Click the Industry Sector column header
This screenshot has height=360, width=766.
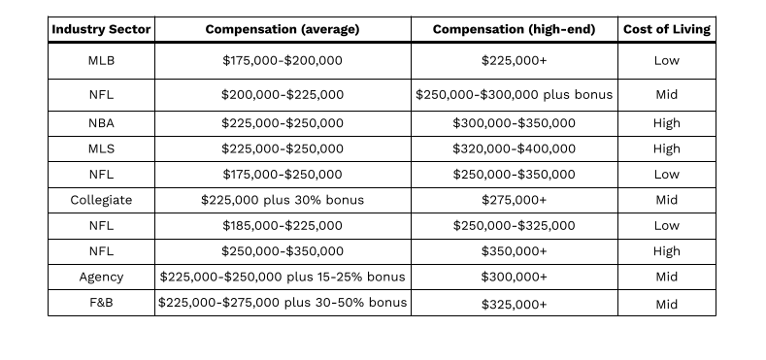tap(101, 29)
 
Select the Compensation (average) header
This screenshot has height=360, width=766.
tap(282, 29)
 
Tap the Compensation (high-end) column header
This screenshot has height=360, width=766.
tap(514, 29)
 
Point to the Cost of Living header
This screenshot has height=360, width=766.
tap(667, 29)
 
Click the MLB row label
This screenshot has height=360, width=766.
tap(101, 60)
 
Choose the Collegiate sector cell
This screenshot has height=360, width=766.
tap(101, 200)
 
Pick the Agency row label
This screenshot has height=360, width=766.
tap(101, 277)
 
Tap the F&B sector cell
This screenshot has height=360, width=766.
tap(101, 304)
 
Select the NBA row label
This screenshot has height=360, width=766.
tap(101, 123)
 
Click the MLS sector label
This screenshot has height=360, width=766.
tap(101, 148)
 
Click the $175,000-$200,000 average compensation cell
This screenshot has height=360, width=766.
tap(282, 60)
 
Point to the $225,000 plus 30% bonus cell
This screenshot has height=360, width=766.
tap(282, 200)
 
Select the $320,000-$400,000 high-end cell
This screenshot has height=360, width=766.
tap(514, 148)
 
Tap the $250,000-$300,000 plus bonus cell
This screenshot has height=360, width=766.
tap(514, 95)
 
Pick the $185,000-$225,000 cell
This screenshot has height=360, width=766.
tap(282, 225)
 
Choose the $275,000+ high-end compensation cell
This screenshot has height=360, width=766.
tap(514, 200)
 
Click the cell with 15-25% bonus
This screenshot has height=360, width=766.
tap(282, 277)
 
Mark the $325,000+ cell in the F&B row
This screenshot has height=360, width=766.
tap(514, 304)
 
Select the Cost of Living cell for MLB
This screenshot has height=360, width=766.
tap(667, 60)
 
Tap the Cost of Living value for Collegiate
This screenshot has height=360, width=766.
tap(667, 200)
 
